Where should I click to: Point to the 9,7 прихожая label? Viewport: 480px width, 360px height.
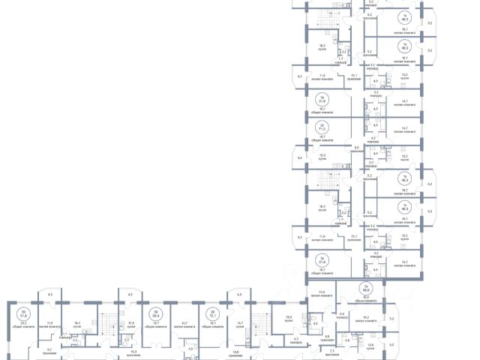coord(49,351)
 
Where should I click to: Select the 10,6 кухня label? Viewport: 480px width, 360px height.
coord(370,346)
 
